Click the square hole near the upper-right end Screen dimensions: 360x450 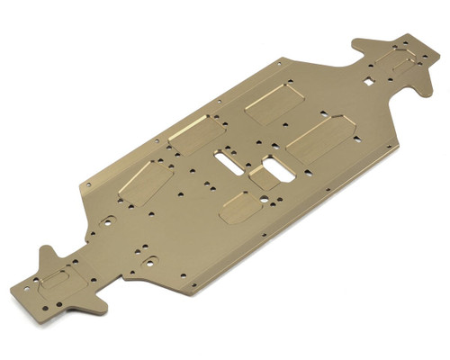pos(367,84)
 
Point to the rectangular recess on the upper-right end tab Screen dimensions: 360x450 pos(391,60)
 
